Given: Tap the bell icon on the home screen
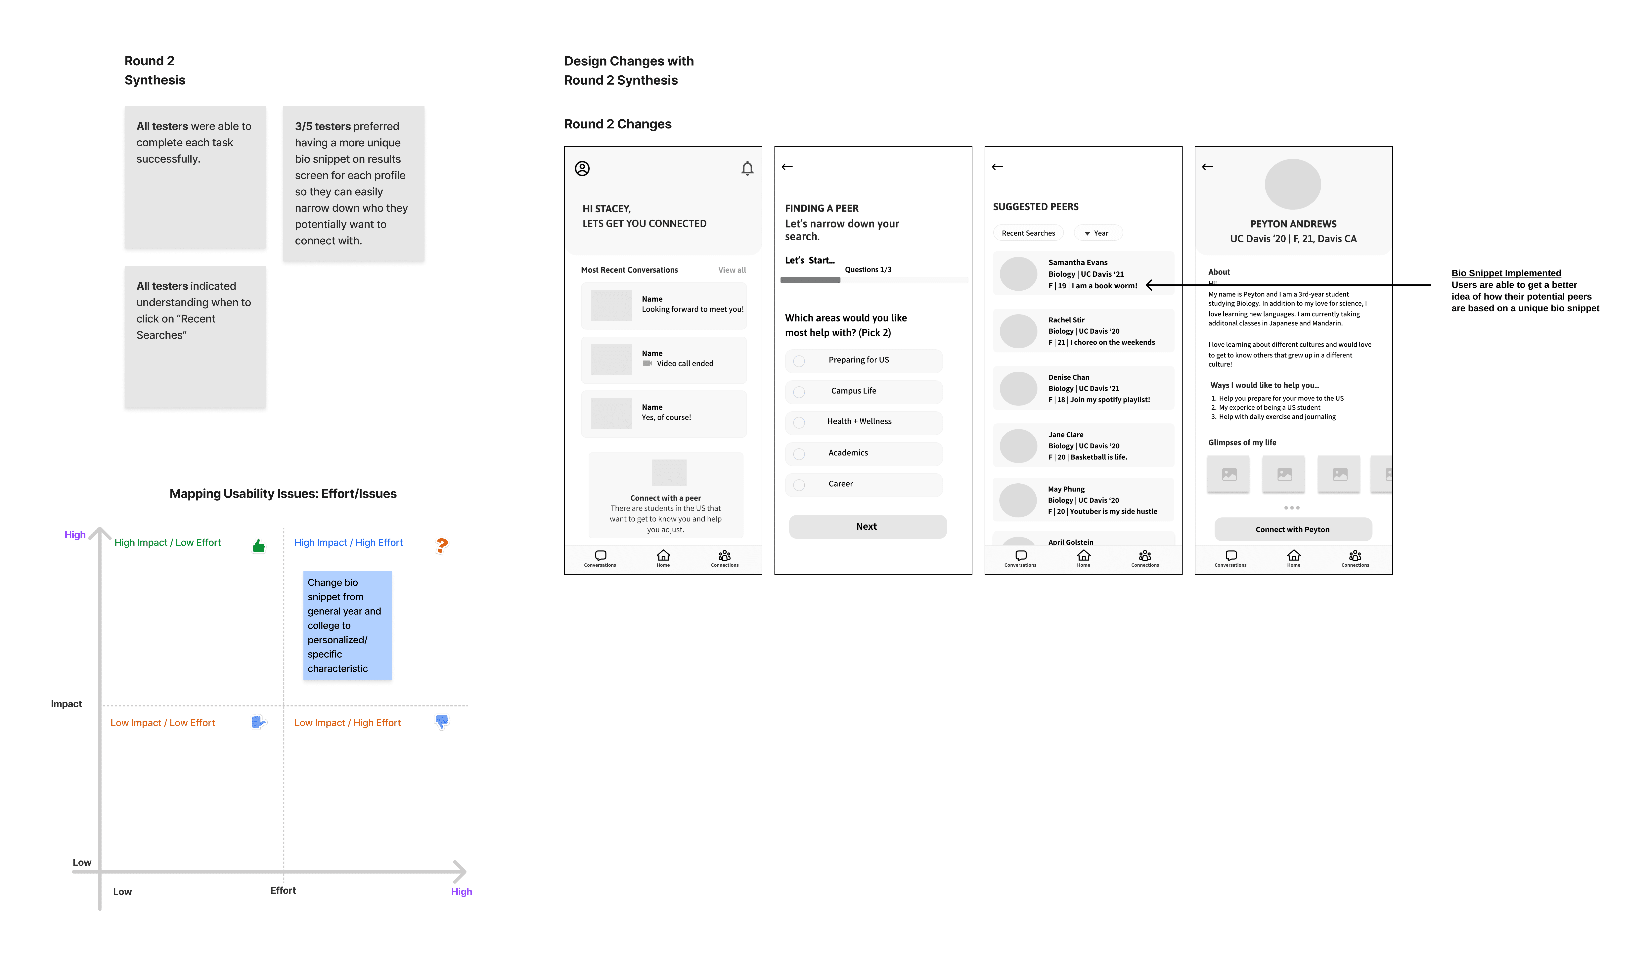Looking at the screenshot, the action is click(x=747, y=168).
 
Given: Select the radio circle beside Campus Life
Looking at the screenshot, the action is click(x=799, y=392).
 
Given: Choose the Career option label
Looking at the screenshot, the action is click(x=841, y=484).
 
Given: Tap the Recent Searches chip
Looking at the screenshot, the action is click(x=1028, y=233).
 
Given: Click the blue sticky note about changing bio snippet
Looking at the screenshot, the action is click(x=347, y=625).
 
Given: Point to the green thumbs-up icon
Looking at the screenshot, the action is click(x=259, y=545).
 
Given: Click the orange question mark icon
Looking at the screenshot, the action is click(x=442, y=545).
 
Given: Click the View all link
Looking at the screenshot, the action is click(x=732, y=270).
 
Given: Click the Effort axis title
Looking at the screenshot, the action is click(x=283, y=890).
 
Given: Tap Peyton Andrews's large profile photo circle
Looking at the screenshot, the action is click(x=1293, y=184).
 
